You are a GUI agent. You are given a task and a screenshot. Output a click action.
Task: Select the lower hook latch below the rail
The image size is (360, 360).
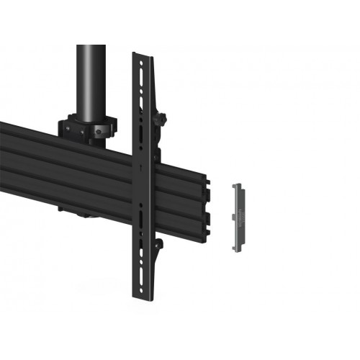click(161, 249)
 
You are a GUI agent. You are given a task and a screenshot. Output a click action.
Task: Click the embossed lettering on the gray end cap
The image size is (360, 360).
click(237, 205)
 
